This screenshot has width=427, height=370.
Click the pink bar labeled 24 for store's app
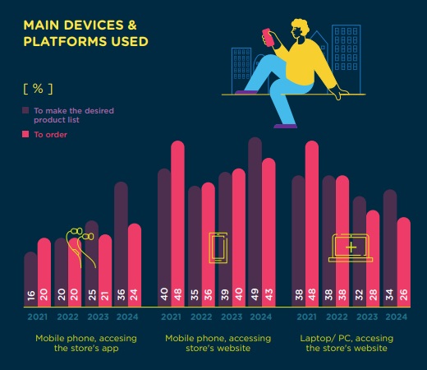pyautogui.click(x=135, y=265)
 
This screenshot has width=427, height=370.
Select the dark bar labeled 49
pyautogui.click(x=255, y=222)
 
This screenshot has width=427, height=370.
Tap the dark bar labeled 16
pyautogui.click(x=30, y=280)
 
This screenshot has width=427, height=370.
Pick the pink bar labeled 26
pyautogui.click(x=404, y=262)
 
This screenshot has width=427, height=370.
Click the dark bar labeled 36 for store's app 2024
pyautogui.click(x=121, y=244)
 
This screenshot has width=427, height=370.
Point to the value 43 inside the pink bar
pyautogui.click(x=269, y=294)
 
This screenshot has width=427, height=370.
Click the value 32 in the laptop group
pyautogui.click(x=360, y=294)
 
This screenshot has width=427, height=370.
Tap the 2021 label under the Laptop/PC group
pyautogui.click(x=307, y=317)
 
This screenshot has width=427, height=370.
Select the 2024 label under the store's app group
pyautogui.click(x=127, y=317)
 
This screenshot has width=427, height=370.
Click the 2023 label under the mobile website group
pyautogui.click(x=232, y=317)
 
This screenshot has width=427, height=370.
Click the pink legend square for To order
pyautogui.click(x=25, y=134)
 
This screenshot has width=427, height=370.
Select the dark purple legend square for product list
pyautogui.click(x=25, y=110)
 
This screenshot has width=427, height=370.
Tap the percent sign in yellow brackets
pyautogui.click(x=38, y=88)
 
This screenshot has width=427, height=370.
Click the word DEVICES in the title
pyautogui.click(x=94, y=25)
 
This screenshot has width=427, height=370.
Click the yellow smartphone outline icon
pyautogui.click(x=218, y=247)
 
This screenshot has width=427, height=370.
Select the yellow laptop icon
pyautogui.click(x=351, y=247)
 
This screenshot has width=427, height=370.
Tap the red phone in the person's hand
pyautogui.click(x=268, y=37)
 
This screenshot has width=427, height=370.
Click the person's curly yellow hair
pyautogui.click(x=301, y=26)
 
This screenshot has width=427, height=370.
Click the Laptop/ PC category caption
pyautogui.click(x=347, y=343)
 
